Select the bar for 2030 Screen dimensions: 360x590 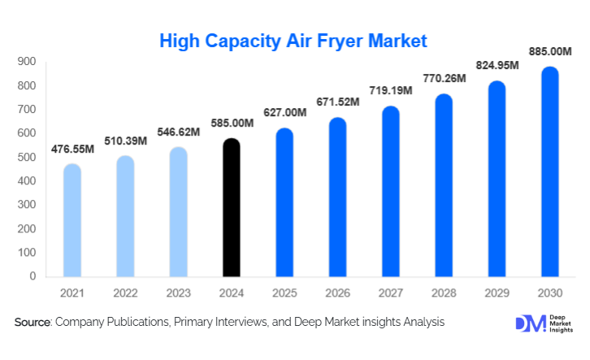(551, 172)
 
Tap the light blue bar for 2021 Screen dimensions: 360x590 (72, 221)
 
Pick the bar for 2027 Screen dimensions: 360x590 (391, 192)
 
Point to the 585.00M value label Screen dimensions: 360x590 (232, 124)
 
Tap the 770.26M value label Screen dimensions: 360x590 (444, 79)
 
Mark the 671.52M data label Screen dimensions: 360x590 (337, 103)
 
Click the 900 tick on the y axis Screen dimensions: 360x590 (27, 62)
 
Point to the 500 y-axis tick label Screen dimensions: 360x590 (27, 157)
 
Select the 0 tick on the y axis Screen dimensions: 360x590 (33, 276)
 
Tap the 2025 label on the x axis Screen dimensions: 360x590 (284, 292)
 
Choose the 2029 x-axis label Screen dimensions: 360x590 (497, 292)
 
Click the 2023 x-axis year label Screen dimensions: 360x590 (178, 292)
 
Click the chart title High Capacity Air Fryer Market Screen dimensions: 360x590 (293, 40)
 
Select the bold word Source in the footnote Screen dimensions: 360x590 (33, 323)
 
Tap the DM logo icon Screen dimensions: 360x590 (526, 323)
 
